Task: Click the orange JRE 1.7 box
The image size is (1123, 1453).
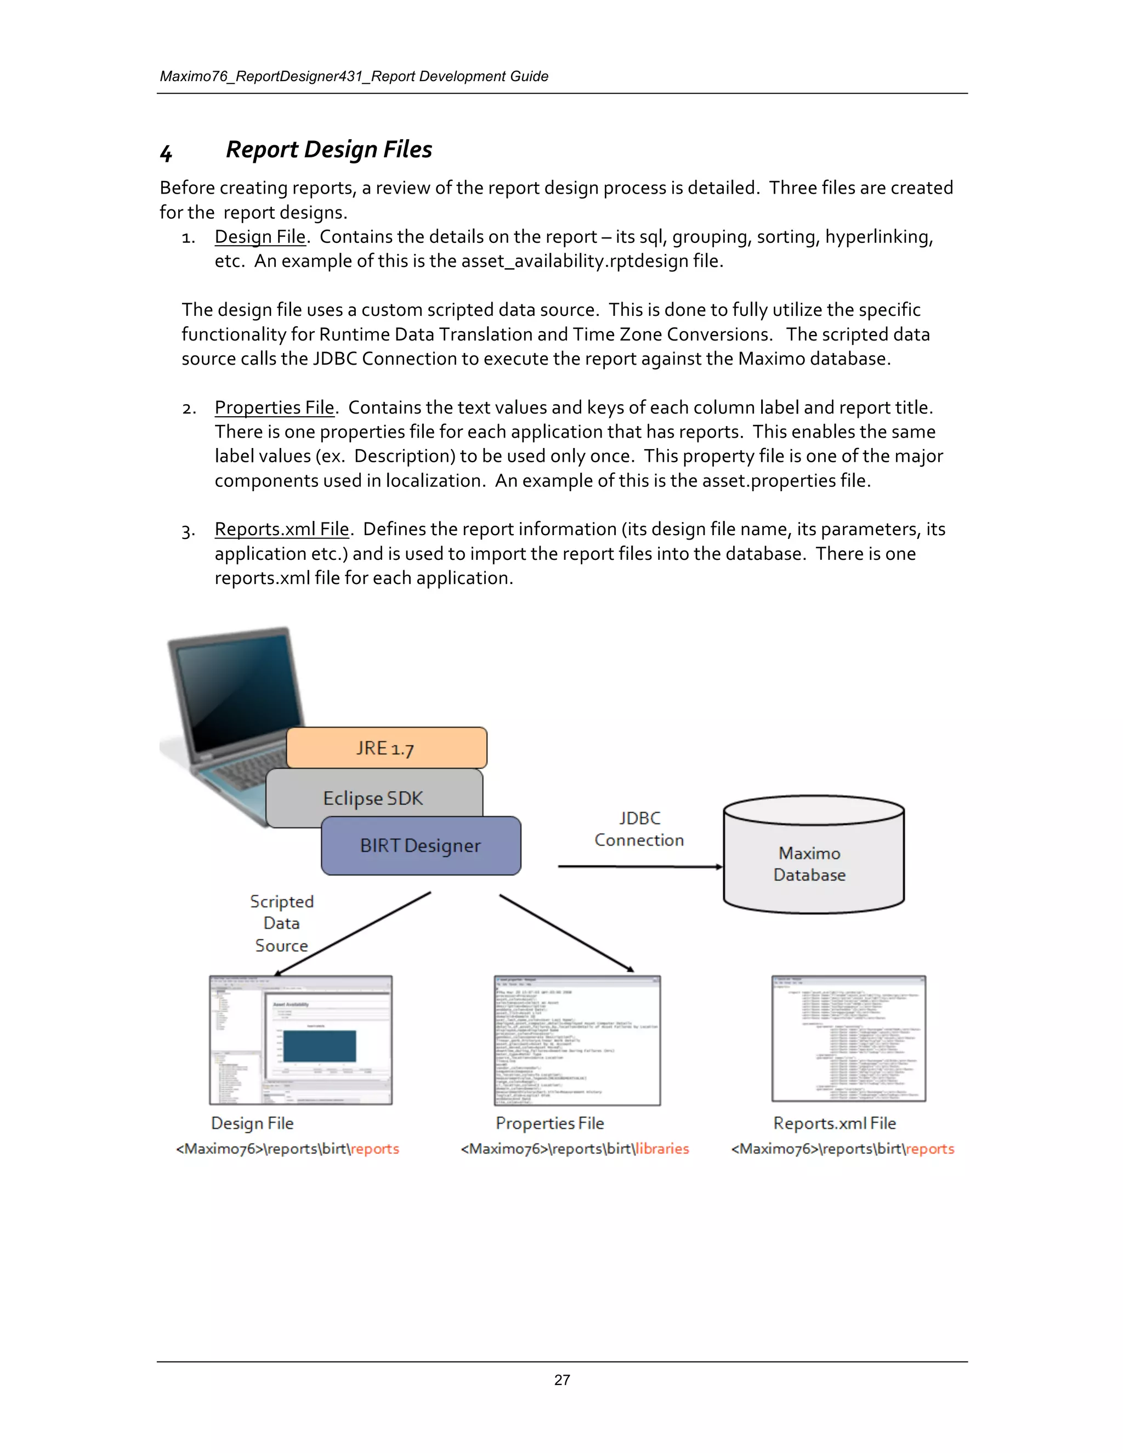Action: pyautogui.click(x=387, y=748)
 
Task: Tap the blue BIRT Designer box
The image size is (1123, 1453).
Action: pyautogui.click(x=421, y=845)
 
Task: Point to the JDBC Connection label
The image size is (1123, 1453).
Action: pyautogui.click(x=639, y=829)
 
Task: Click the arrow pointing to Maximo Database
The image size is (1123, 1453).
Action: pyautogui.click(x=639, y=866)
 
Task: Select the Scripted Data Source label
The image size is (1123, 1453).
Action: pyautogui.click(x=281, y=923)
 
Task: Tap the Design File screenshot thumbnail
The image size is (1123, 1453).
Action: pyautogui.click(x=300, y=1040)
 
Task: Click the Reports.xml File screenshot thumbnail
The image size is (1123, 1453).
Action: pyautogui.click(x=848, y=1038)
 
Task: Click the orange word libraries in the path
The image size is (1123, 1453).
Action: pyautogui.click(x=662, y=1148)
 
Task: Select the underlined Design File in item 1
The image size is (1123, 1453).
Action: pyautogui.click(x=259, y=237)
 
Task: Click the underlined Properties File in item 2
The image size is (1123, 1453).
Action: pyautogui.click(x=274, y=407)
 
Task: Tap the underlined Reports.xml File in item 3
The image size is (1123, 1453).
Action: pyautogui.click(x=281, y=529)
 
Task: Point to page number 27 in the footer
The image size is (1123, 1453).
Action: pyautogui.click(x=561, y=1380)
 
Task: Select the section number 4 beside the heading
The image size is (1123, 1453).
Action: pyautogui.click(x=166, y=154)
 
